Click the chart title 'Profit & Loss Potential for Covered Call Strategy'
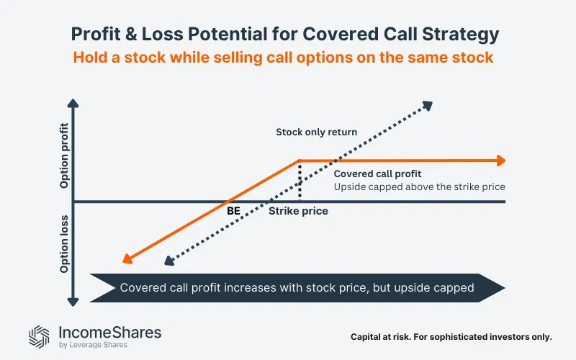288,34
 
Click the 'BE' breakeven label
234,211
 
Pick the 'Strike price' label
298,211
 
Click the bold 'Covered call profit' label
377,174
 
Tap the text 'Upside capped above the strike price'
419,186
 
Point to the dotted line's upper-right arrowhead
427,106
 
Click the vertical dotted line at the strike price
299,180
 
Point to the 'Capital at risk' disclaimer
451,336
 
